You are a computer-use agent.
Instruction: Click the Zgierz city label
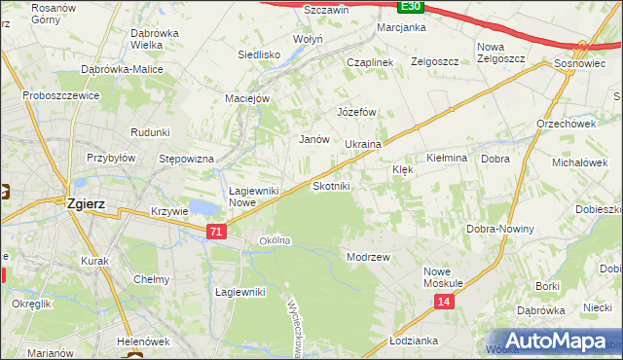point(86,204)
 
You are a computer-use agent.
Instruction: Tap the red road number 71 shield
point(216,231)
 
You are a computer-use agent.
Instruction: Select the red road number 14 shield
point(444,304)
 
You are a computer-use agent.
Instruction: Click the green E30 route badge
point(412,6)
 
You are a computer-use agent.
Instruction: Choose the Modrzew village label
point(368,257)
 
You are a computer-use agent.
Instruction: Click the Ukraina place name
point(363,144)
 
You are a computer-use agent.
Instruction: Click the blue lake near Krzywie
point(203,207)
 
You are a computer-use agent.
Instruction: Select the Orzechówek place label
point(566,124)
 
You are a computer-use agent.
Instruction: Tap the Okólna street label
point(275,240)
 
